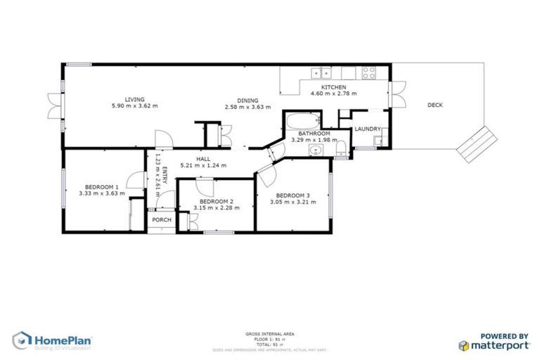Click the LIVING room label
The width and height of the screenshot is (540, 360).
(x=135, y=99)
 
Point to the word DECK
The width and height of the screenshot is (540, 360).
(x=435, y=105)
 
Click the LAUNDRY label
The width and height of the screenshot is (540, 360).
(x=368, y=129)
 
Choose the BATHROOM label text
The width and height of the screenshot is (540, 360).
(x=314, y=133)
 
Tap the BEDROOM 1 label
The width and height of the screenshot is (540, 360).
(x=98, y=186)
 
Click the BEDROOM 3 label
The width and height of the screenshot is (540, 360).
(x=292, y=195)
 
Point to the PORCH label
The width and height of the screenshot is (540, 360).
(x=162, y=219)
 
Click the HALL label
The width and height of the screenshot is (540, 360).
(x=203, y=159)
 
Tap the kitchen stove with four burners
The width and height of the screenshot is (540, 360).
(x=370, y=71)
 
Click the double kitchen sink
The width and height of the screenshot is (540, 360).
(x=323, y=72)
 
